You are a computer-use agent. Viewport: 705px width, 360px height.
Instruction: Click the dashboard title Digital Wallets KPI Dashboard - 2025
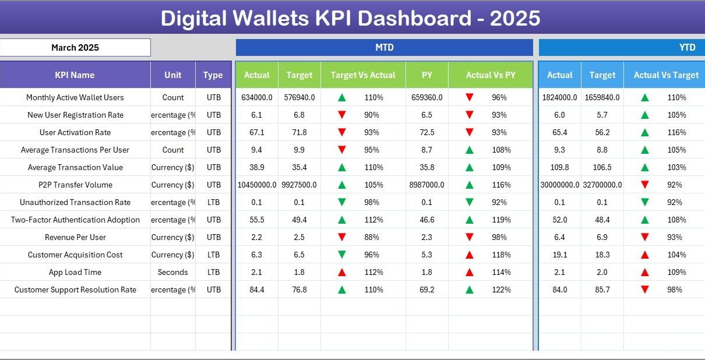[350, 19]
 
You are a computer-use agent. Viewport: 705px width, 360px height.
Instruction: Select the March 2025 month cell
[75, 48]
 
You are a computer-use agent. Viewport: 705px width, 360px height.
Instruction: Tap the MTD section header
[384, 48]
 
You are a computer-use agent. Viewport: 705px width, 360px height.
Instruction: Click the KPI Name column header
[75, 75]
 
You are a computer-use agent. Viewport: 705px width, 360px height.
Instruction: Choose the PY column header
[426, 75]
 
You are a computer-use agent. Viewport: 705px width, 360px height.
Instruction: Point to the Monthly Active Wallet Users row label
[75, 97]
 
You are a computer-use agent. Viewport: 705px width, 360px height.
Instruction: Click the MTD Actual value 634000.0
[256, 97]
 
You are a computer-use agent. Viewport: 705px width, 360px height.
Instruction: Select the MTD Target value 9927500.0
[299, 185]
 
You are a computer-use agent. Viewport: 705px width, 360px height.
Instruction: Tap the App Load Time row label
[75, 272]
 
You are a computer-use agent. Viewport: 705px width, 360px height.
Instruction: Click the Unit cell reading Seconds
[172, 272]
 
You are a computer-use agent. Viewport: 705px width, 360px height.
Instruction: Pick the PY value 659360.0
[426, 97]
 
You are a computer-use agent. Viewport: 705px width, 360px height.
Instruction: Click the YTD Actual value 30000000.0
[559, 185]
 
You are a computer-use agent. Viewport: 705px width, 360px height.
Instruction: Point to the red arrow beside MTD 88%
[342, 237]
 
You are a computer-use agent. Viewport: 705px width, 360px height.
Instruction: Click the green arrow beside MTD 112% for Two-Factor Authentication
[342, 220]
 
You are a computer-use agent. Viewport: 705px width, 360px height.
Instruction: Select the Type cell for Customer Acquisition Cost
[213, 255]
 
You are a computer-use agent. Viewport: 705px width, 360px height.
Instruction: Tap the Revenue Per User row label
[75, 237]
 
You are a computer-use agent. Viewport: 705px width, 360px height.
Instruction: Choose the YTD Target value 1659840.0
[602, 97]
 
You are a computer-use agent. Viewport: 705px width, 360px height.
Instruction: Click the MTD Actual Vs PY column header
[490, 75]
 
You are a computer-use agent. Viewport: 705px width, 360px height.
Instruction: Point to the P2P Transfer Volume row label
[75, 185]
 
